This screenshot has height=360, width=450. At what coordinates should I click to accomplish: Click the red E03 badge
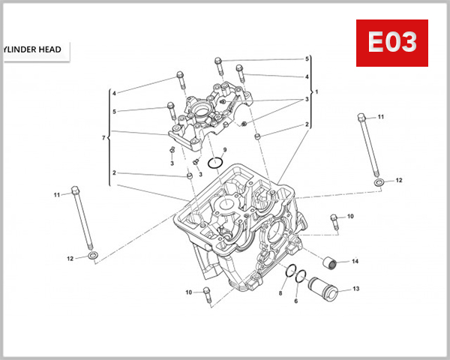(x=391, y=43)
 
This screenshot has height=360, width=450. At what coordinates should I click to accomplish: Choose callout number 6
(x=296, y=301)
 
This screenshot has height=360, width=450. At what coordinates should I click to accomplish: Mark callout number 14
(x=355, y=261)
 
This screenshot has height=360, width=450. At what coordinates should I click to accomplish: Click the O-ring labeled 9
(x=217, y=163)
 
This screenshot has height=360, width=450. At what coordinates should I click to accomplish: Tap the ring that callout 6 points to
(x=300, y=277)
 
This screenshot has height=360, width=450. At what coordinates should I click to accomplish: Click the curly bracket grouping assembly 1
(x=311, y=91)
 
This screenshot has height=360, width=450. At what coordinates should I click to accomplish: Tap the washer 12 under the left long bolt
(x=91, y=257)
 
